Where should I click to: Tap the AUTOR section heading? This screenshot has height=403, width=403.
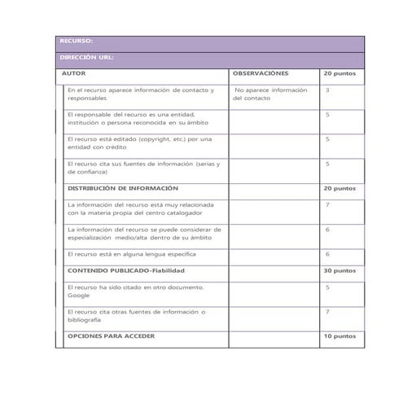pos(75,73)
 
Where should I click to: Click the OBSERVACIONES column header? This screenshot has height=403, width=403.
pos(260,73)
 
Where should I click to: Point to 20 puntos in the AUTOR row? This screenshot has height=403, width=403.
pos(339,73)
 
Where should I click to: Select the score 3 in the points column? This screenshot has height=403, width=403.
pos(327,90)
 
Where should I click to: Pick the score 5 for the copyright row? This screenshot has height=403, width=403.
pos(327,138)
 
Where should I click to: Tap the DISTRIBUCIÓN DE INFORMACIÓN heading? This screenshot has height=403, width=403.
pos(122,188)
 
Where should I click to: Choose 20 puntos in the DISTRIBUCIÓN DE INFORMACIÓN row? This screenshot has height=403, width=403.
pos(339,188)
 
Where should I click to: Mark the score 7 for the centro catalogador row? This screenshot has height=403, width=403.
pos(327,204)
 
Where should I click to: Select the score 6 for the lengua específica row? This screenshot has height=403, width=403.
pos(327,254)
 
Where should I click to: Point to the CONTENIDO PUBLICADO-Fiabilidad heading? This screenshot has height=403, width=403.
pos(126,270)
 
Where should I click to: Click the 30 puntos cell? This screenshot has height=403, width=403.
pos(339,270)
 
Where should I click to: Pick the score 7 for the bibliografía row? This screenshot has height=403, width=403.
pos(327,311)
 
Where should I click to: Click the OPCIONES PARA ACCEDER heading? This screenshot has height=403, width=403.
pos(112,335)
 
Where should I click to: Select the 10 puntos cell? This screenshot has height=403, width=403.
pos(339,335)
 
